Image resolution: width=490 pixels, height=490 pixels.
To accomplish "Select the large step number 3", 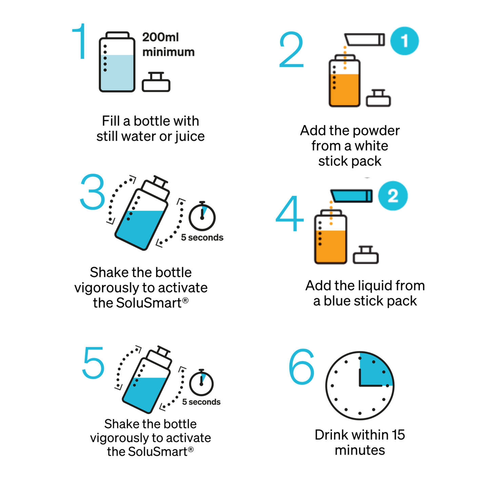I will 93,192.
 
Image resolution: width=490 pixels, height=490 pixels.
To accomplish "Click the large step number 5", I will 93,363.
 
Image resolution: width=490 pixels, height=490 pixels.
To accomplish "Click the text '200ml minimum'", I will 168,44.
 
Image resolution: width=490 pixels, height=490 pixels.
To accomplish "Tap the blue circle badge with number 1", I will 404,41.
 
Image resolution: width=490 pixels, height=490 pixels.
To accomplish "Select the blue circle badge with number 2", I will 393,196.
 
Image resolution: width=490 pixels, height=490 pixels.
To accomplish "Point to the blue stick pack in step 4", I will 352,196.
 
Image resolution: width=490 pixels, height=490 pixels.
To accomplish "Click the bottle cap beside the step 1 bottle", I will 156,82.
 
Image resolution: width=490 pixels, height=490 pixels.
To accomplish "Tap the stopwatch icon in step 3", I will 202,217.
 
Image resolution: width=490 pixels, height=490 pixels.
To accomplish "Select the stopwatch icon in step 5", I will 201,383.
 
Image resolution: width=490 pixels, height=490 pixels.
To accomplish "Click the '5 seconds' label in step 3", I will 202,237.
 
